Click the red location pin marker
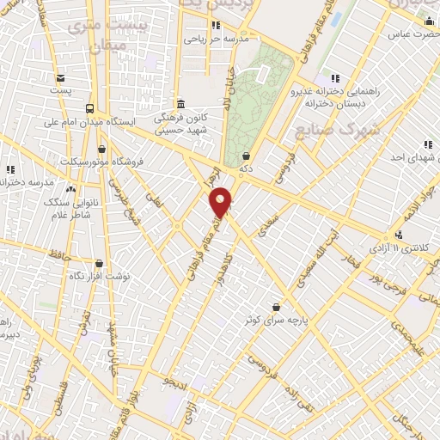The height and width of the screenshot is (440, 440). click(x=221, y=201)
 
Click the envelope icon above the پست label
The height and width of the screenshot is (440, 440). click(x=59, y=76)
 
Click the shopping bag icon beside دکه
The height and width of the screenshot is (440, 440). click(x=247, y=156)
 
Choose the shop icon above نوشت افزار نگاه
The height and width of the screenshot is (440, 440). click(x=99, y=264)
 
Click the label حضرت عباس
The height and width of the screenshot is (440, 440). click(x=407, y=34)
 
